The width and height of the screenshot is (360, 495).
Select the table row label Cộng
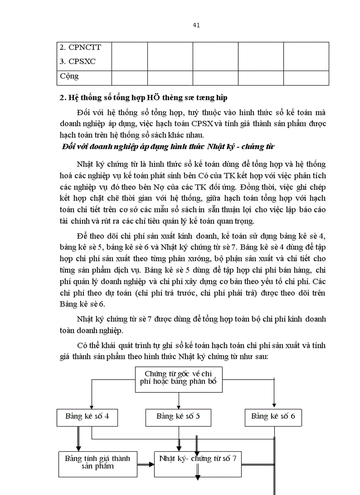[69, 76]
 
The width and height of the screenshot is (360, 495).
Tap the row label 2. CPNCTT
[79, 47]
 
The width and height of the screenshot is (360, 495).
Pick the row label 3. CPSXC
[78, 62]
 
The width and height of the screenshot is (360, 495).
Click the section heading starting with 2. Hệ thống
[143, 98]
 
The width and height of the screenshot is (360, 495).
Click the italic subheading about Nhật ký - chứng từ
[168, 147]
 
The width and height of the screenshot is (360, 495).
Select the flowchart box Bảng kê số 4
[87, 417]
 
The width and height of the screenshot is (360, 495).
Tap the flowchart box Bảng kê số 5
[179, 417]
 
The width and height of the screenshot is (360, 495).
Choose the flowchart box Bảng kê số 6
[273, 417]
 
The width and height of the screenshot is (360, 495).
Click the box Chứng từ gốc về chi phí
[179, 379]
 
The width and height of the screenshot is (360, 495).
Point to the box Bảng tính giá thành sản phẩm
[97, 462]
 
